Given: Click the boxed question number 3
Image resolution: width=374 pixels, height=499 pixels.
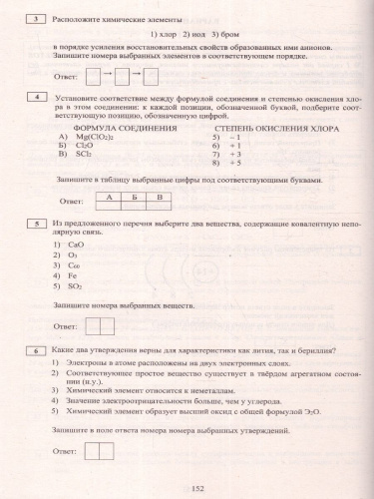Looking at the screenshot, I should [x=36, y=19].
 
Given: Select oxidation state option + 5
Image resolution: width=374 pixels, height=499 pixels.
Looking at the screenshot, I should [x=229, y=164].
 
